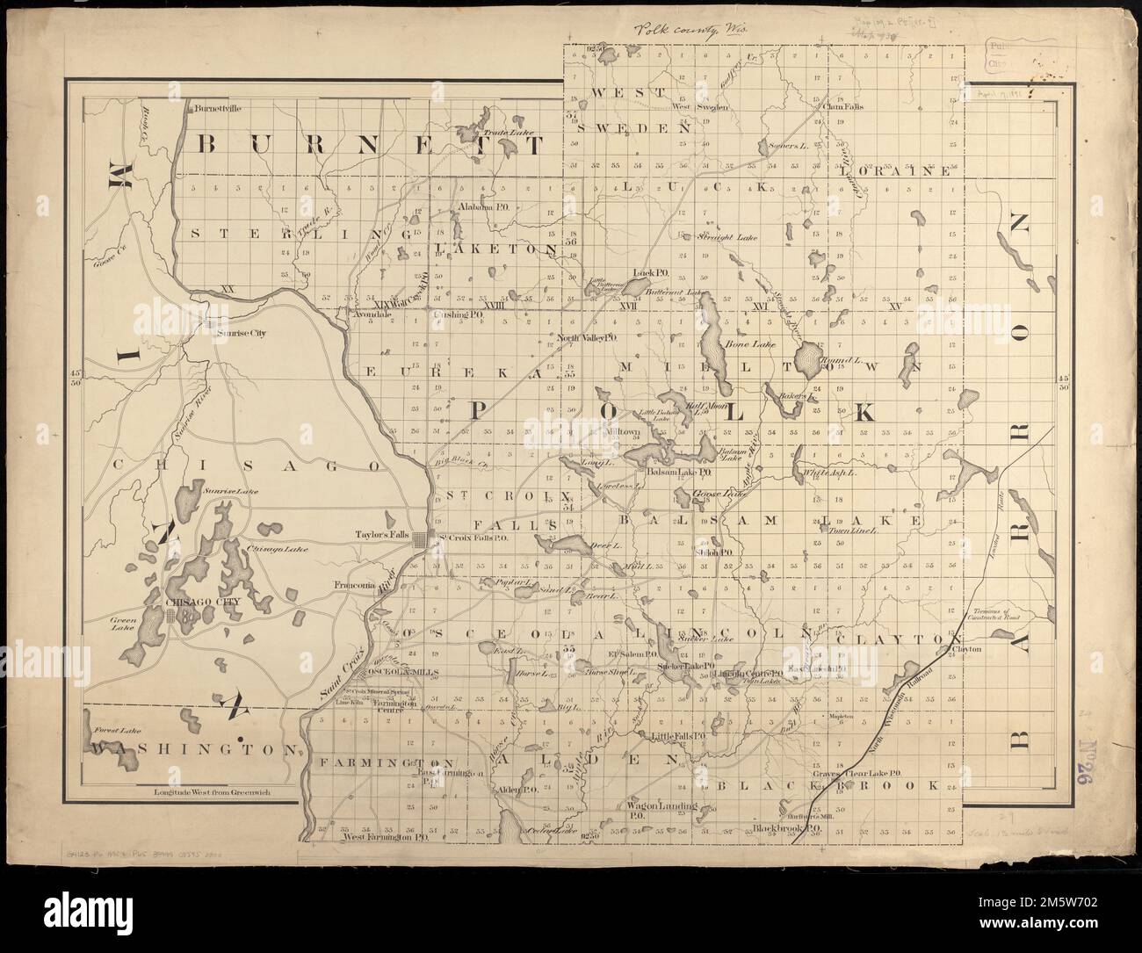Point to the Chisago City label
pos(195,603)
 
